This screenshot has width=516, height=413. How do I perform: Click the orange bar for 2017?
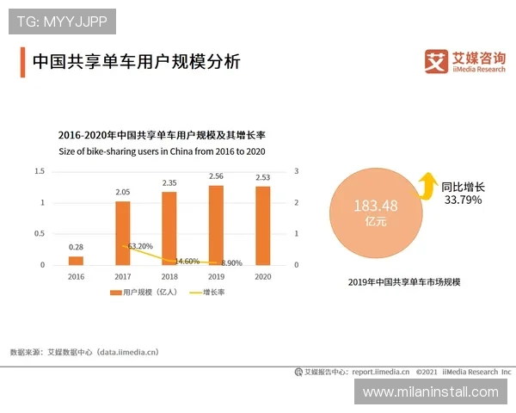pos(122,233)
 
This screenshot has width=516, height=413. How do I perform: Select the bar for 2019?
pos(216,225)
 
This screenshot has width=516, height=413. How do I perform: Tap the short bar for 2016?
pos(76,261)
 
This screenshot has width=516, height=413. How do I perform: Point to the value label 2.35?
pos(169,182)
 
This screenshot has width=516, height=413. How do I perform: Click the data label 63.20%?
pos(140,246)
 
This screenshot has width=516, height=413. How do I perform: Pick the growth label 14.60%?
pos(187,261)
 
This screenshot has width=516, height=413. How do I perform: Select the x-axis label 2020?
pos(262,277)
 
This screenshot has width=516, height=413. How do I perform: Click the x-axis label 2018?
pos(169,277)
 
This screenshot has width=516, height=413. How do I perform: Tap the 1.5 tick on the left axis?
pos(40,171)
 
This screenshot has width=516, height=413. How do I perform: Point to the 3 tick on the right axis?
pos(297,171)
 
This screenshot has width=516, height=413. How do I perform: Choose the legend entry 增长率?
pos(208,293)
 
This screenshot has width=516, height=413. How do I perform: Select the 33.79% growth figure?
pos(463,200)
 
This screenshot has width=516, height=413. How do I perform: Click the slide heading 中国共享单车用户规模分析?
pos(136,62)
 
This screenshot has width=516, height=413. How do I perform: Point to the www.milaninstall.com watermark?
pos(430,391)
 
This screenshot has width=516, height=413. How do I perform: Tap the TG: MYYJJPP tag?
pos(62,20)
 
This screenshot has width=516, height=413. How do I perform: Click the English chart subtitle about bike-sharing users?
pos(162,151)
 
